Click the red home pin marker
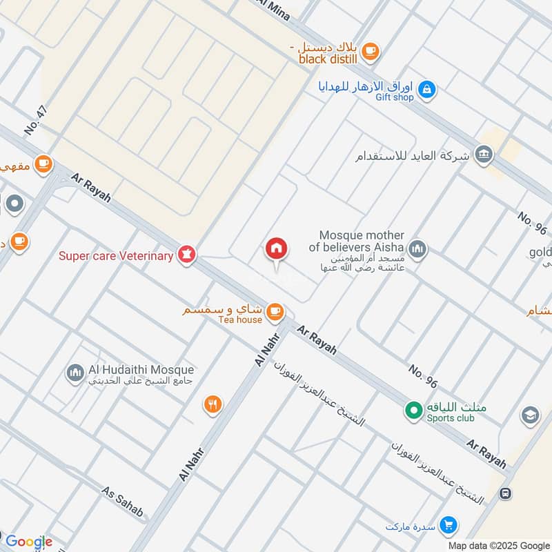click(x=277, y=249)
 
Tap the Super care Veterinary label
click(x=115, y=256)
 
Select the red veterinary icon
click(x=186, y=255)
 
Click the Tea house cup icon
click(x=275, y=312)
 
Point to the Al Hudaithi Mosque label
click(x=141, y=371)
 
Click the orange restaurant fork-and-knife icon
click(x=213, y=405)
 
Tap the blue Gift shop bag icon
click(x=427, y=89)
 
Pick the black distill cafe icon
click(x=371, y=50)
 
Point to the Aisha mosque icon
click(x=417, y=248)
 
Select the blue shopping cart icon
click(x=448, y=526)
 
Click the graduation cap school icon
click(x=530, y=415)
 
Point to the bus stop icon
click(x=505, y=494)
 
